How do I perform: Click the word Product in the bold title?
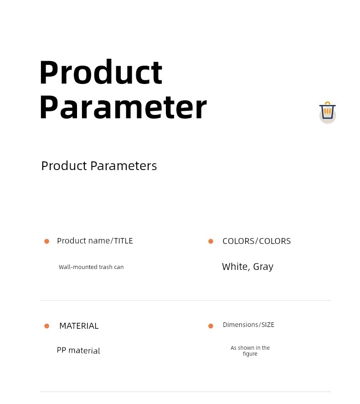tap(101, 72)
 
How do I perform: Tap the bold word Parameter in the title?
tap(123, 107)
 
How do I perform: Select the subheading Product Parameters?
tap(99, 166)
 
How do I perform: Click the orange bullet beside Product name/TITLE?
tap(46, 241)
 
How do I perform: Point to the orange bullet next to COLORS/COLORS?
tap(211, 241)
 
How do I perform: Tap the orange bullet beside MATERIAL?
tap(46, 326)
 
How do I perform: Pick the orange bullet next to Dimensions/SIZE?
tap(211, 326)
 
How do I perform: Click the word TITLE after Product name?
tap(123, 241)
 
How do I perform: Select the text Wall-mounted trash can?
tap(91, 267)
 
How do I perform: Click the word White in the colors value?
tap(235, 266)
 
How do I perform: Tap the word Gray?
tap(263, 267)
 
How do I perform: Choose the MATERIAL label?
tap(79, 326)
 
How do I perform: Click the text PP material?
tap(78, 350)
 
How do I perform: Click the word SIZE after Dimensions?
tap(268, 325)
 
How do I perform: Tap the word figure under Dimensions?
tap(250, 354)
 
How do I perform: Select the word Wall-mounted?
tap(78, 267)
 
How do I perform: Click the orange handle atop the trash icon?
tap(327, 104)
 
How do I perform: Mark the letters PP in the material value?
tap(61, 350)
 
